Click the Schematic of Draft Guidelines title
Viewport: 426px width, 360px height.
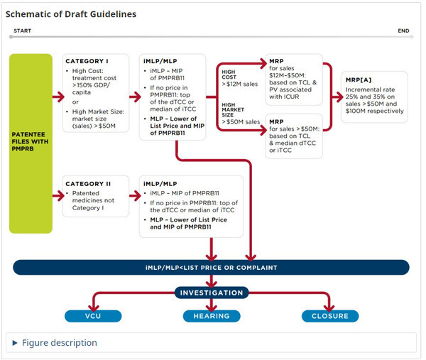(x=72, y=14)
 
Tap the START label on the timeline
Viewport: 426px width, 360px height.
(x=21, y=31)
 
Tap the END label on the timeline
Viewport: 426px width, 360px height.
(x=403, y=31)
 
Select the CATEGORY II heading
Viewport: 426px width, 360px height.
(x=87, y=183)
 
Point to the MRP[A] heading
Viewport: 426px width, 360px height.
(x=359, y=80)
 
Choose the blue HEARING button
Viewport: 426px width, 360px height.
(x=211, y=316)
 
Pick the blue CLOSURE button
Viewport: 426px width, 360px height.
(x=330, y=316)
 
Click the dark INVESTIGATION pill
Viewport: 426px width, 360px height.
(x=211, y=293)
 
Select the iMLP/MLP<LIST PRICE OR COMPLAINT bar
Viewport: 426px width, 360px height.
(x=211, y=268)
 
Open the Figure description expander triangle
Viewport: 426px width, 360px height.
(x=16, y=343)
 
